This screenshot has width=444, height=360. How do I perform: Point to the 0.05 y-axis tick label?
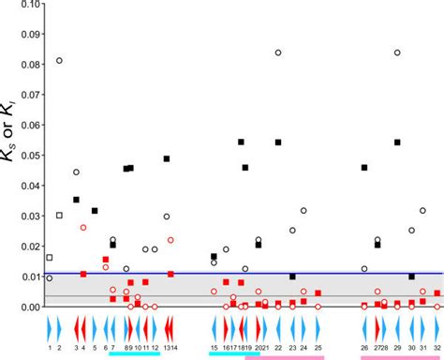pos(29,156)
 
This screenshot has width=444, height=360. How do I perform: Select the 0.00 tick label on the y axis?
pos(29,307)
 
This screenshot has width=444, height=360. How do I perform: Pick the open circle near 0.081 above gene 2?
pos(59,61)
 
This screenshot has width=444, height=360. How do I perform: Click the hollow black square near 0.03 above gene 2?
pos(59,216)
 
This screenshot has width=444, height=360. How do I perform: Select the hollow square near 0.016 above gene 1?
pos(50,257)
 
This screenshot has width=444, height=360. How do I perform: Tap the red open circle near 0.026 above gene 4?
pos(83,228)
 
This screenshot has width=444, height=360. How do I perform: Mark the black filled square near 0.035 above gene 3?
pos(76,200)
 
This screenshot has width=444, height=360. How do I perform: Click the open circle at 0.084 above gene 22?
pos(278,52)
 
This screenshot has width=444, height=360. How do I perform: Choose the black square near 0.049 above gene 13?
pos(167,158)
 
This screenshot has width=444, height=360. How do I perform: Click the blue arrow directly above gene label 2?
pos(59,328)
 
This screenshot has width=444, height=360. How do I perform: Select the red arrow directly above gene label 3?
pos(76,328)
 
